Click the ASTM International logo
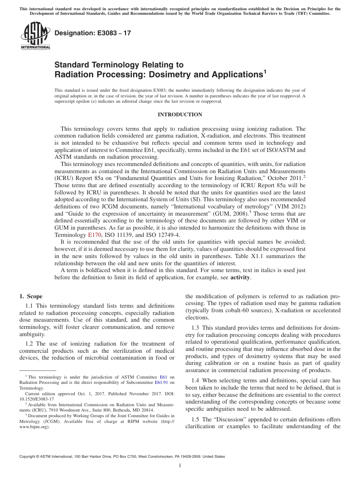[35, 36]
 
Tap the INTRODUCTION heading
[180, 115]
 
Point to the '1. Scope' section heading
[31, 296]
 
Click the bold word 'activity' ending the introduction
[240, 277]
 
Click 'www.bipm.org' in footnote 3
[34, 426]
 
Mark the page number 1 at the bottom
[180, 466]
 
